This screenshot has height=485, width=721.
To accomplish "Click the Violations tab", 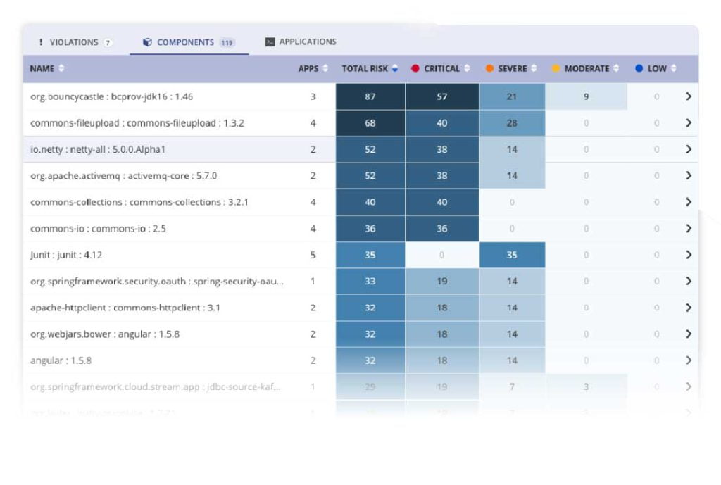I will coord(74,42).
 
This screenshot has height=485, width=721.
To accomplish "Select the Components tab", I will coord(185,42).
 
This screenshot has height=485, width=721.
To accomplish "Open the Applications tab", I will coord(301,42).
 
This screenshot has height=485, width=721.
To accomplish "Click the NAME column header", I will coord(42,68).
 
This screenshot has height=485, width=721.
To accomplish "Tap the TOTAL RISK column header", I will coord(365,68).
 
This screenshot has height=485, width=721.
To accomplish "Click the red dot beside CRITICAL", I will coord(415,68).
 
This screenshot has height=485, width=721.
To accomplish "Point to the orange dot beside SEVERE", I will coord(489,68).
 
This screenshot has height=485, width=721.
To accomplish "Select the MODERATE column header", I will coord(587,68).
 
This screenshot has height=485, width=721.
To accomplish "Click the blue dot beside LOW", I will coord(639,68).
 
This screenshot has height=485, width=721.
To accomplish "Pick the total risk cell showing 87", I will coord(370,96).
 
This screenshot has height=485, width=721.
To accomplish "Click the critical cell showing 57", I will coord(441,96).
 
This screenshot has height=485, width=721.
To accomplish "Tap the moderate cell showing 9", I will coord(586,96).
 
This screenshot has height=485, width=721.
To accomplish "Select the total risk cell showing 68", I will coord(370,123).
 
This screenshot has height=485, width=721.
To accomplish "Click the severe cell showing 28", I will coord(512,123).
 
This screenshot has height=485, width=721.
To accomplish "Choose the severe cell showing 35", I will coord(512,255).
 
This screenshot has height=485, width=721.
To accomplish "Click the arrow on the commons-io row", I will coord(688,229).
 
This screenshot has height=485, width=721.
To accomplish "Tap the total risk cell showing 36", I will coord(370,229).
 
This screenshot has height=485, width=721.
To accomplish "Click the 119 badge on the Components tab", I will coord(227,43).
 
